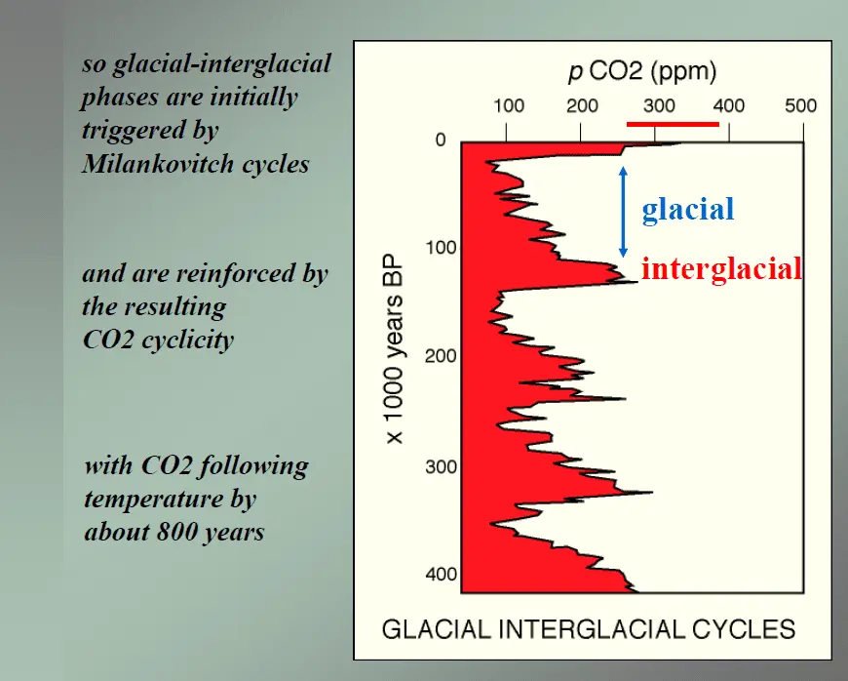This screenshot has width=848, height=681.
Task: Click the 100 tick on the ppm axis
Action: (x=509, y=106)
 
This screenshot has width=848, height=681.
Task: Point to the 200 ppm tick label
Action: (x=582, y=106)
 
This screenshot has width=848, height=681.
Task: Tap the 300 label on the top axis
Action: (x=657, y=106)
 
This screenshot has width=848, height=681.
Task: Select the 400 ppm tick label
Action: (x=728, y=106)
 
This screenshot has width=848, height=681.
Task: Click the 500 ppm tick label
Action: (x=801, y=106)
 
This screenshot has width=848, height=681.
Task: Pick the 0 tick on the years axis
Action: (x=440, y=140)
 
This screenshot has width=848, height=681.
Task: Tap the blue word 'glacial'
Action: (x=687, y=209)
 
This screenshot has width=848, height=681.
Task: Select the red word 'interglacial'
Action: (x=721, y=268)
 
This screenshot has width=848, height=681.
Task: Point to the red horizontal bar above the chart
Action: (x=673, y=124)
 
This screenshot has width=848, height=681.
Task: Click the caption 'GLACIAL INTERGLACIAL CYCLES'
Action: (x=588, y=628)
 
